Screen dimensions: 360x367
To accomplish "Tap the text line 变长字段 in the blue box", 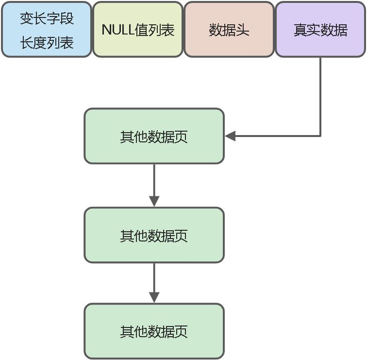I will pyautogui.click(x=47, y=18).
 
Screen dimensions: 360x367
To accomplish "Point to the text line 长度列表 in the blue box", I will pyautogui.click(x=47, y=43).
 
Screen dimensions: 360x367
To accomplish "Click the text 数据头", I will pyautogui.click(x=229, y=30).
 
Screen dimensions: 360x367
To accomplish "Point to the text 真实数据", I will pyautogui.click(x=320, y=30).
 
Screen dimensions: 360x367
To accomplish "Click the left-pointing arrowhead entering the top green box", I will pyautogui.click(x=230, y=136).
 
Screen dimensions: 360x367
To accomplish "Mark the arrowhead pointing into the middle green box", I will pyautogui.click(x=154, y=201).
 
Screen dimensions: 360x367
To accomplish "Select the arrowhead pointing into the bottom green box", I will pyautogui.click(x=154, y=297).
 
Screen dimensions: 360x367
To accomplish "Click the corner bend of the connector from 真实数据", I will pyautogui.click(x=320, y=136).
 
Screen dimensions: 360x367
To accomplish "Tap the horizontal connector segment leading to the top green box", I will pyautogui.click(x=277, y=136).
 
